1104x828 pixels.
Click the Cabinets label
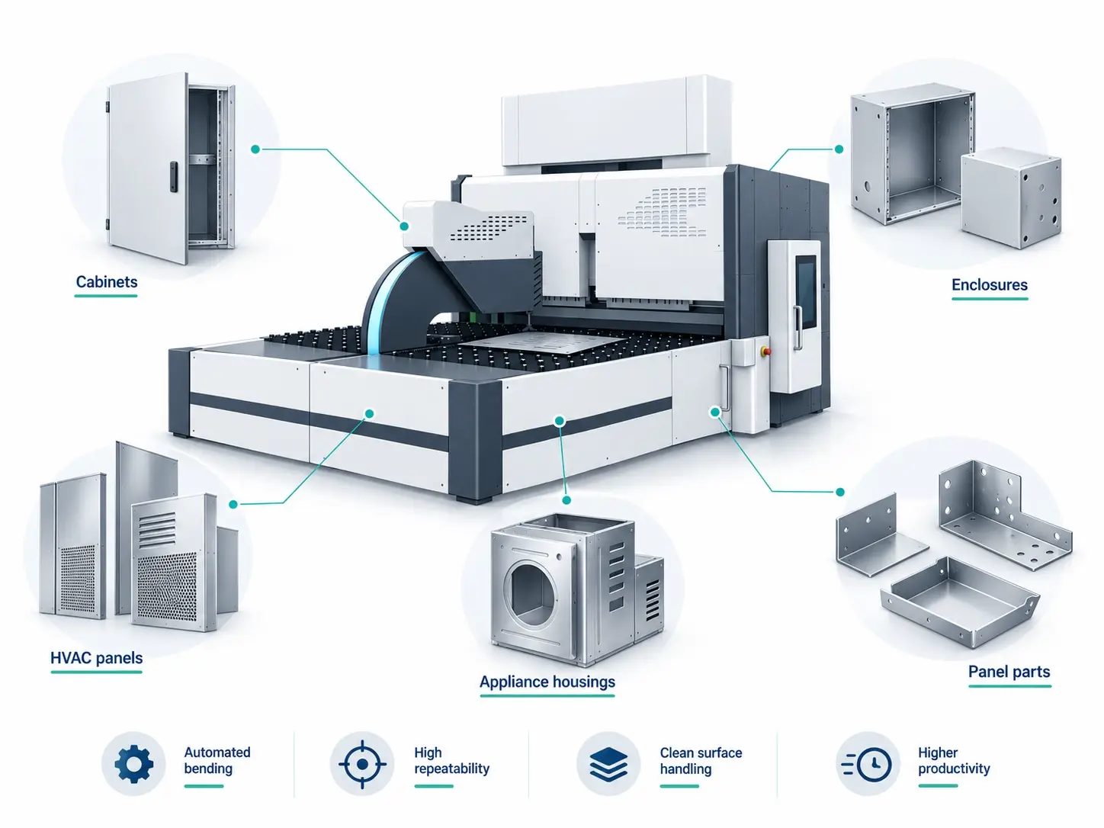tap(107, 282)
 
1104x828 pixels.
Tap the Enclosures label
tap(990, 285)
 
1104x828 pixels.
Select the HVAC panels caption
tap(97, 658)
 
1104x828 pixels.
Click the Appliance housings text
tap(547, 682)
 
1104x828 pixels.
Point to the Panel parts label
tap(1009, 672)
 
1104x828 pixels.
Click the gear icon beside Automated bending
tap(133, 764)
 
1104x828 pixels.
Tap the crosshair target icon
tap(362, 764)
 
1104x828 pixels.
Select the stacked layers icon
tap(608, 764)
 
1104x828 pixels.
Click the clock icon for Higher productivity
tap(867, 764)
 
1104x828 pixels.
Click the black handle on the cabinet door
tap(174, 176)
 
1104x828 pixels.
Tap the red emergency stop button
tap(766, 351)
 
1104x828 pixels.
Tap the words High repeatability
tap(451, 760)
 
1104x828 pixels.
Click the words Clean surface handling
tap(701, 761)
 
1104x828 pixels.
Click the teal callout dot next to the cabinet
tap(255, 149)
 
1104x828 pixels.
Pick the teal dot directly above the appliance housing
tap(566, 500)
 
